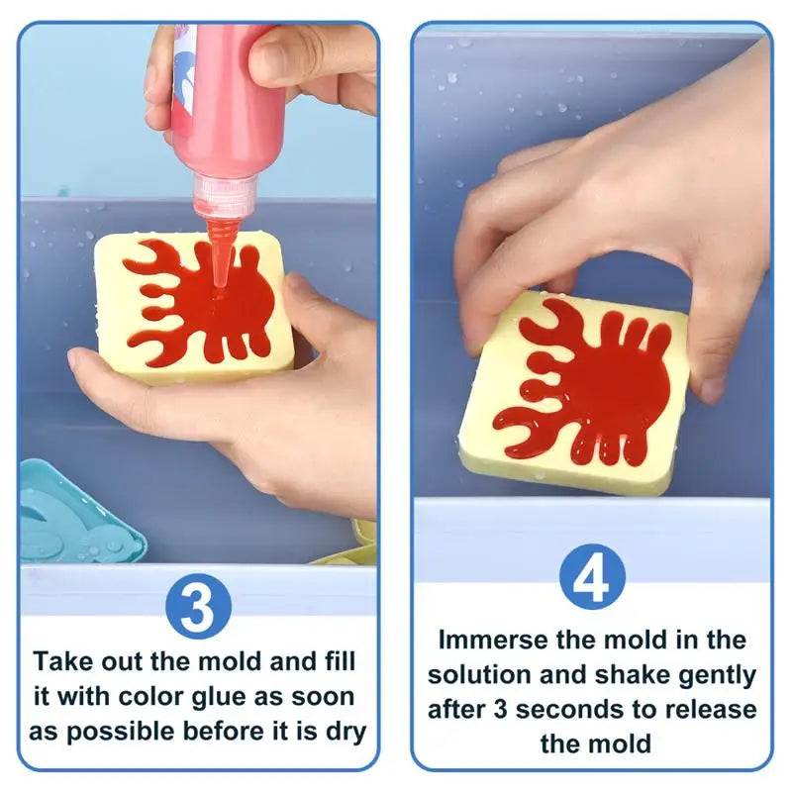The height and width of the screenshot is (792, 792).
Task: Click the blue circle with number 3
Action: (198, 606)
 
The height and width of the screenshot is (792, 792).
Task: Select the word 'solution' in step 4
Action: (480, 675)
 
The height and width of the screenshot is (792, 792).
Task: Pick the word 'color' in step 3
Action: (160, 696)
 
